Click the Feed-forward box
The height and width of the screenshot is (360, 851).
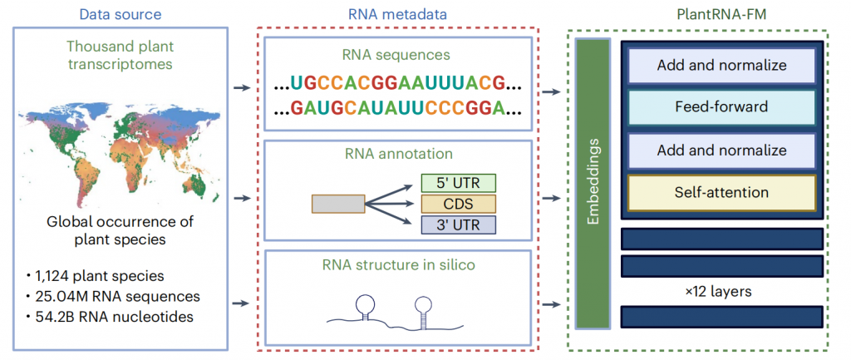point(722,107)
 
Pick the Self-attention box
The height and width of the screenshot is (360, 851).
point(722,192)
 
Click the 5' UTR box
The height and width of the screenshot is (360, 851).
point(458,183)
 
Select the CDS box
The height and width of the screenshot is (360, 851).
point(458,204)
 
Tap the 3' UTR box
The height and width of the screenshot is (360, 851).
point(458,224)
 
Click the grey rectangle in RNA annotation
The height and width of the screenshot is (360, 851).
point(337,204)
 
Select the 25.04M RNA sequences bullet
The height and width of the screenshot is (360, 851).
point(115,297)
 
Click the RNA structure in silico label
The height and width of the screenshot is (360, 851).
point(397,266)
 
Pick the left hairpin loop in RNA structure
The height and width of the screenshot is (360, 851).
point(366,304)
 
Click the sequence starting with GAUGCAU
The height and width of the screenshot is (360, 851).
point(397,107)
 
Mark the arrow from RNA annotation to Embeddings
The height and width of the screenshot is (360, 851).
point(552,198)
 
